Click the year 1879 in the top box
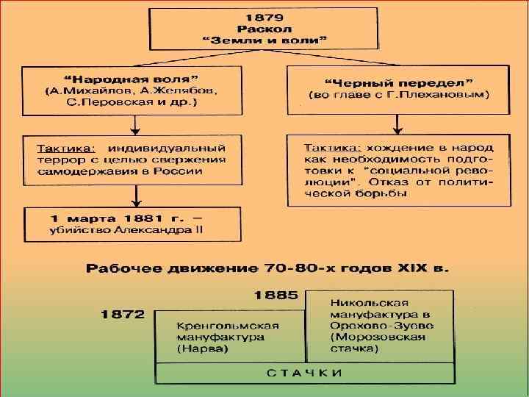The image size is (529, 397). click(x=264, y=16)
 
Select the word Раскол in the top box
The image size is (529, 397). click(x=264, y=29)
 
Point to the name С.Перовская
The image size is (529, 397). click(x=79, y=103)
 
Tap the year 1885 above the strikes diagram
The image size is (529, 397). click(x=276, y=296)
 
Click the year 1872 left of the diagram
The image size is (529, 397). click(x=123, y=314)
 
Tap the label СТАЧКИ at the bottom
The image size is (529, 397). click(x=303, y=373)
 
